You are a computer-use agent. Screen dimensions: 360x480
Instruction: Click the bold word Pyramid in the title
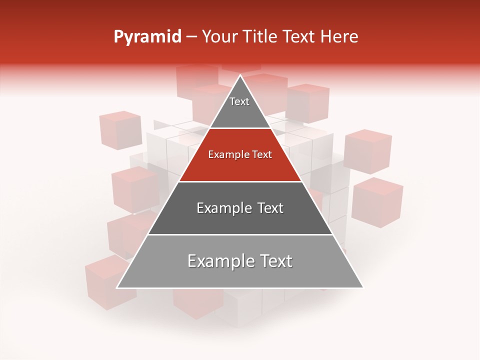[147, 37]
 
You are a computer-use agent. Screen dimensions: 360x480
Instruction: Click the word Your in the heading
[218, 37]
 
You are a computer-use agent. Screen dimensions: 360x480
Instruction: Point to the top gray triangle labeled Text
[240, 107]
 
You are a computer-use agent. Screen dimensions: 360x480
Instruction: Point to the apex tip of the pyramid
[240, 76]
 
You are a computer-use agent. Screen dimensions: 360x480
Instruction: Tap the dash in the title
[191, 37]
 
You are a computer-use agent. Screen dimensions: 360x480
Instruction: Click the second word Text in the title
[298, 37]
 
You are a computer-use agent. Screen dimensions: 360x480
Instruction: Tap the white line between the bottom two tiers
[240, 234]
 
